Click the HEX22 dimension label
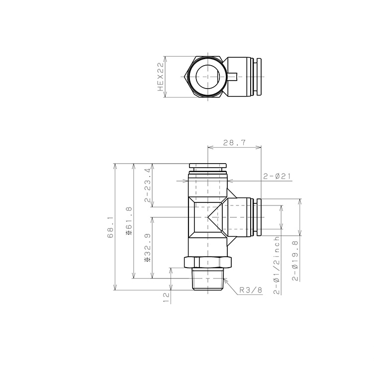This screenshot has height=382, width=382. [x=161, y=77]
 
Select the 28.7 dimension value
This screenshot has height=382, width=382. [x=234, y=142]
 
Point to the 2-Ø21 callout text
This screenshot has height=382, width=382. [x=277, y=176]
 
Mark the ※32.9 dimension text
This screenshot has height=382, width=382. [x=147, y=248]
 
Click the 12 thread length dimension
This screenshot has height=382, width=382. [x=166, y=297]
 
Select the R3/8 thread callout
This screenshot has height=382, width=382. [x=250, y=290]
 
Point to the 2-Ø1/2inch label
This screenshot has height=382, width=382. [x=277, y=266]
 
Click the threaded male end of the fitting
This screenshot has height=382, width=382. [x=208, y=280]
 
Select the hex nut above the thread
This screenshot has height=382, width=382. [x=208, y=262]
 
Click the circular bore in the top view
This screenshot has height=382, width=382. [x=208, y=77]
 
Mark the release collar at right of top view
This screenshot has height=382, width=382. [x=257, y=77]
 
